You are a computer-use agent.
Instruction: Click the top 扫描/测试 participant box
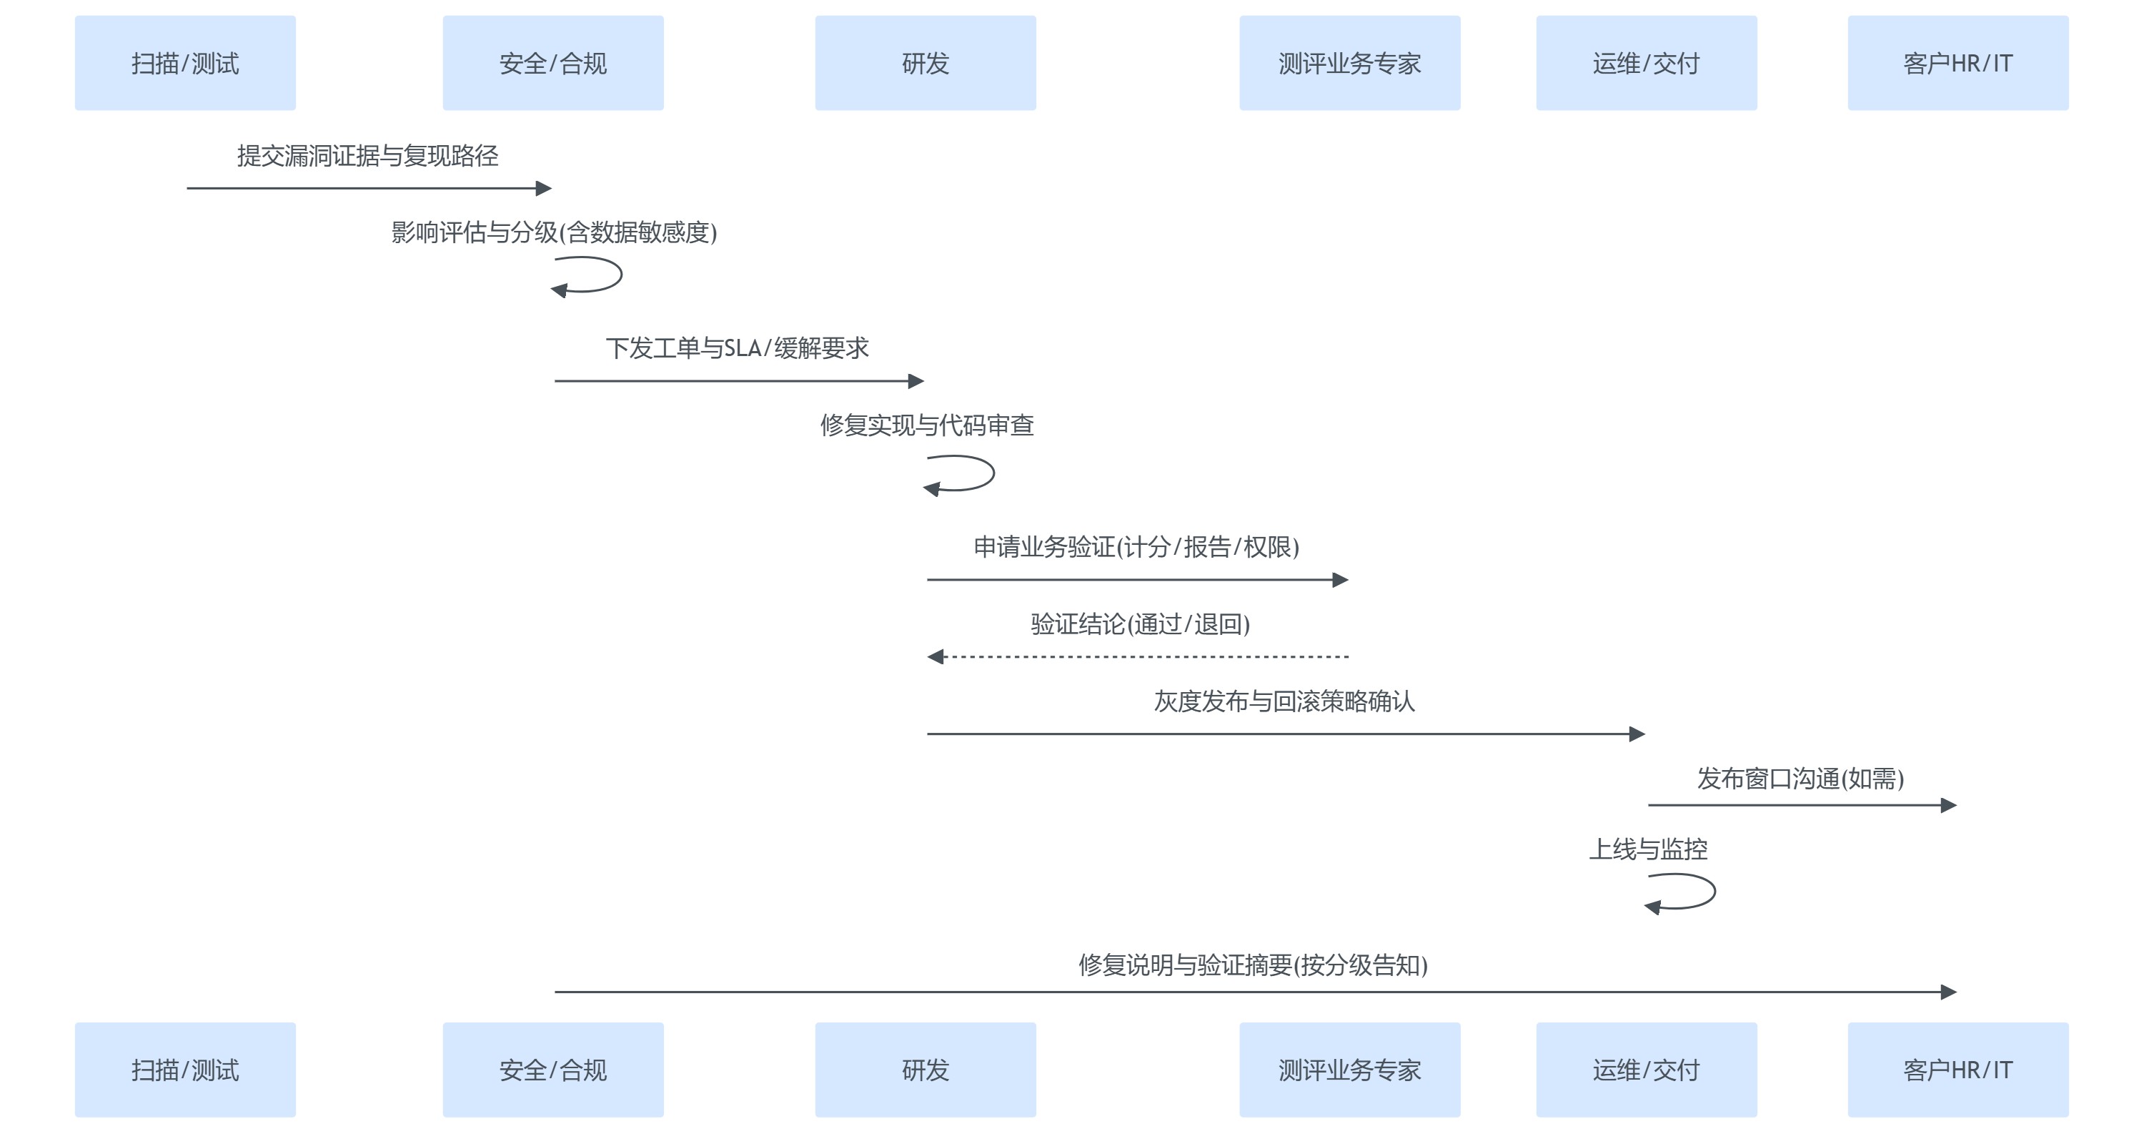(185, 63)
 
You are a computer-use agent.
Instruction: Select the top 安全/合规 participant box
(552, 63)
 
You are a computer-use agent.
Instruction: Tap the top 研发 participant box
(925, 63)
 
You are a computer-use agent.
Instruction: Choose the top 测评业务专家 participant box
(1349, 63)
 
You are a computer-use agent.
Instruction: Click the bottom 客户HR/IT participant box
(1957, 1069)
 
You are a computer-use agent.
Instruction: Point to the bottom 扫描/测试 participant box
(185, 1069)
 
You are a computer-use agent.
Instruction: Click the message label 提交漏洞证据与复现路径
(367, 156)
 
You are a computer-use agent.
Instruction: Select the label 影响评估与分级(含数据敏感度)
(553, 232)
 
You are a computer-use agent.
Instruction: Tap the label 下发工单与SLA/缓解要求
(737, 348)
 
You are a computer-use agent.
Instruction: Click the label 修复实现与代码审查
(926, 425)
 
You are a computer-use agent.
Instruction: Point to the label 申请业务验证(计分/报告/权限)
(1136, 547)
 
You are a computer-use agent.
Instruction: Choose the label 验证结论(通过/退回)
(1139, 623)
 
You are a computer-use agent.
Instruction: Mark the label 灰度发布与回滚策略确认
(1284, 701)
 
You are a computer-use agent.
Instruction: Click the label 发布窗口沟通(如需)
(1800, 779)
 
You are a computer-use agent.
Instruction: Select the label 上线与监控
(1648, 849)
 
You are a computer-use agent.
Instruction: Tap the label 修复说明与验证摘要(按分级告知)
(1253, 965)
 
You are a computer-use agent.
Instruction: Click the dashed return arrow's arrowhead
(936, 657)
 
